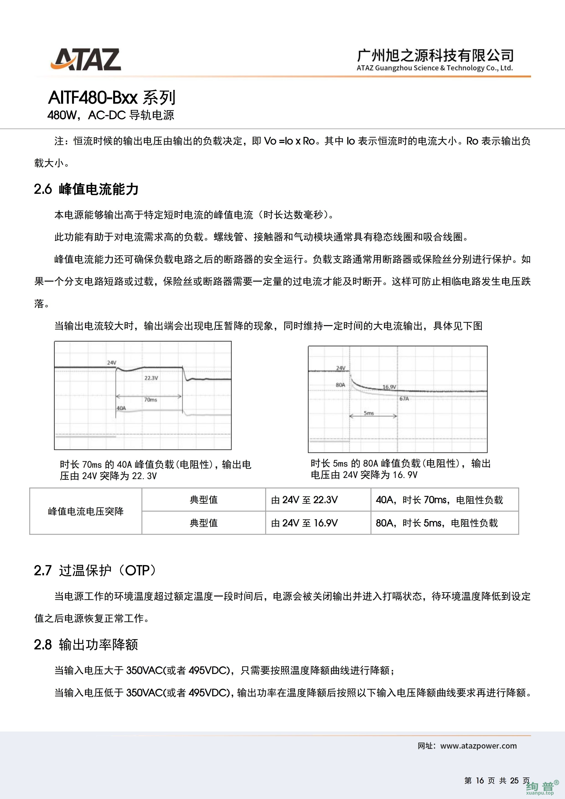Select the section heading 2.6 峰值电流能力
[x=86, y=189]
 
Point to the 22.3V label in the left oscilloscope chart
[x=151, y=378]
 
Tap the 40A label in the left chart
[x=121, y=408]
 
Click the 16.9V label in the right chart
[x=389, y=387]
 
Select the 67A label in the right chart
[x=404, y=398]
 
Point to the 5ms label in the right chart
[x=369, y=413]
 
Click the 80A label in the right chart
[x=340, y=385]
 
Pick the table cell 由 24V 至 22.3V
[x=304, y=500]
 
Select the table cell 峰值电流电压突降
[x=86, y=511]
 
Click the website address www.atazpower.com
[x=478, y=746]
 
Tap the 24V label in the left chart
[x=111, y=363]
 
